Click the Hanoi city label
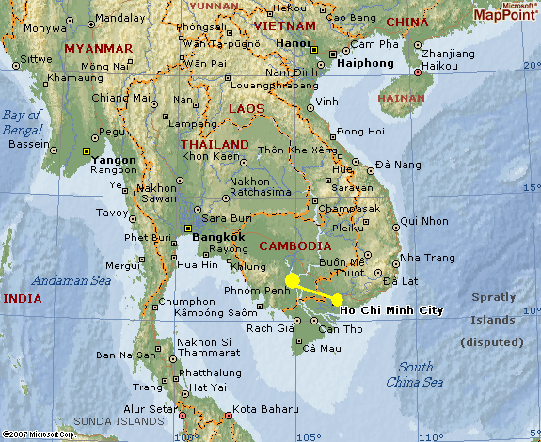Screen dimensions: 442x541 [x=294, y=43]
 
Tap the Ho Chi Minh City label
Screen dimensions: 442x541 [x=390, y=309]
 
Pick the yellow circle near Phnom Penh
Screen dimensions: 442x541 [x=293, y=280]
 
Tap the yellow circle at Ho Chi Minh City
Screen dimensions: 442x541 [x=337, y=300]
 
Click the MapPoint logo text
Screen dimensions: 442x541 [x=505, y=14]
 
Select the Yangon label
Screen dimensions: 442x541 [x=114, y=160]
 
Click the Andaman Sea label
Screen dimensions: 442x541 [x=72, y=280]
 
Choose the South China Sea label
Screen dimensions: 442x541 [x=414, y=374]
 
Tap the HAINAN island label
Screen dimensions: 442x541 [x=401, y=97]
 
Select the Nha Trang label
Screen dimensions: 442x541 [x=427, y=257]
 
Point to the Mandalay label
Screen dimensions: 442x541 [x=120, y=18]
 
